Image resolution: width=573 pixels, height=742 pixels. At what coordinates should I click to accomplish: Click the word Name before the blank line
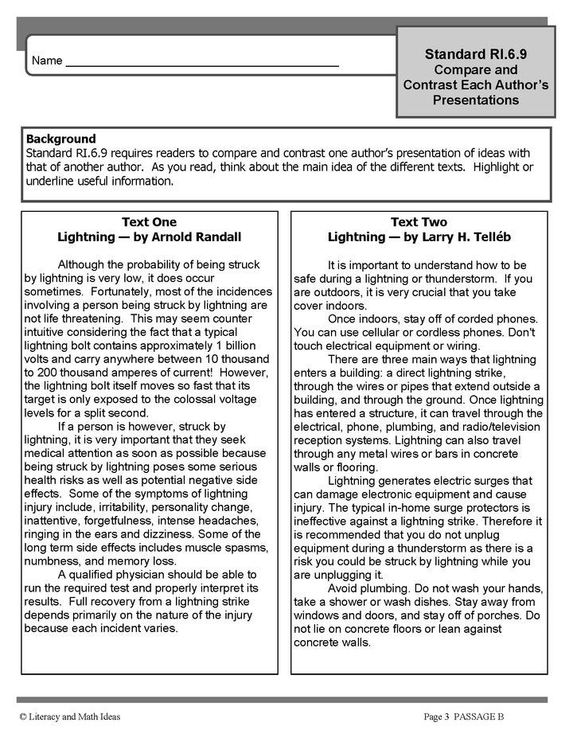(47, 61)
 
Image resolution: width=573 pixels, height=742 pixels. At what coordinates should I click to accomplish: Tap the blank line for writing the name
(202, 64)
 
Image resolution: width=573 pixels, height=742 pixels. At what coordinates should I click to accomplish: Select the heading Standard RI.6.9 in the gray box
(476, 54)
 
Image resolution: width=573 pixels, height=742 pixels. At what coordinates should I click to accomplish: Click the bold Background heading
(61, 139)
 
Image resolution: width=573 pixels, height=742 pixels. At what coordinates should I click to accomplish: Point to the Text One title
(149, 222)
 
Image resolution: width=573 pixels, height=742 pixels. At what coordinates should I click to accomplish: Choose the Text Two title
(419, 222)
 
